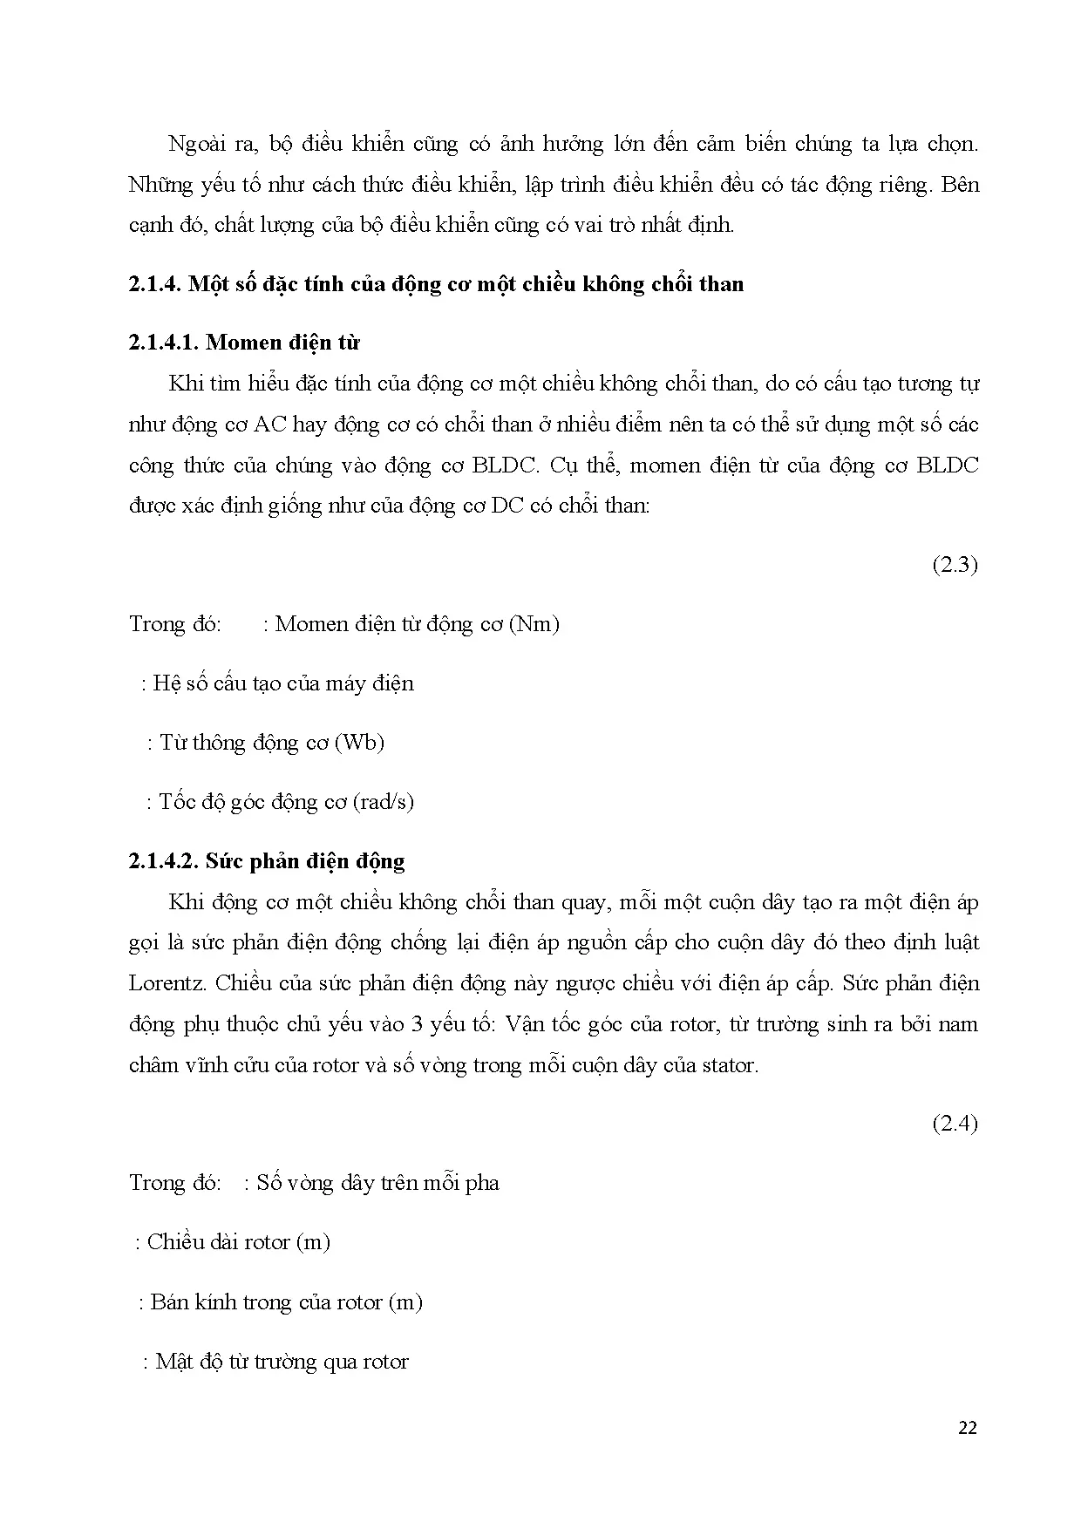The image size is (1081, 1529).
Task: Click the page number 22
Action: [967, 1428]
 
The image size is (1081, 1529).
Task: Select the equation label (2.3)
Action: [955, 565]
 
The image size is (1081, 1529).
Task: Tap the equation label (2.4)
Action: [955, 1124]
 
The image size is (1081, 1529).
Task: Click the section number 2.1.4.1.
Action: [163, 343]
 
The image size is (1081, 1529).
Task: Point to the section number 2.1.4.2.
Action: [163, 861]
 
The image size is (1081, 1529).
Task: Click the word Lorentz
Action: [167, 983]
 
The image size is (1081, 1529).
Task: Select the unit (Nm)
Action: [533, 624]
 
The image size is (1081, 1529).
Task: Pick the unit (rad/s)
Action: [384, 802]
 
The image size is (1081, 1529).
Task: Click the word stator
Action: [728, 1065]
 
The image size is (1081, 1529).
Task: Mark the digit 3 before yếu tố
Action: [418, 1024]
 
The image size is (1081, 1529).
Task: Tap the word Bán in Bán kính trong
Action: [169, 1302]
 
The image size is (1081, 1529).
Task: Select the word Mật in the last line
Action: [173, 1362]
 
